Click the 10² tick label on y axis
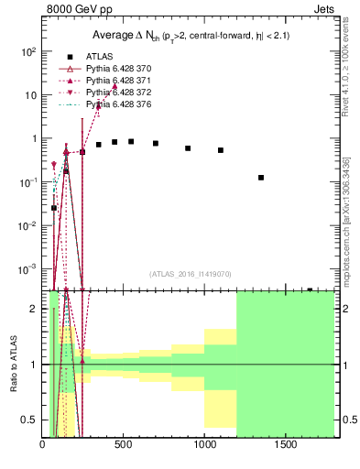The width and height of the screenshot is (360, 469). (x=30, y=52)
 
